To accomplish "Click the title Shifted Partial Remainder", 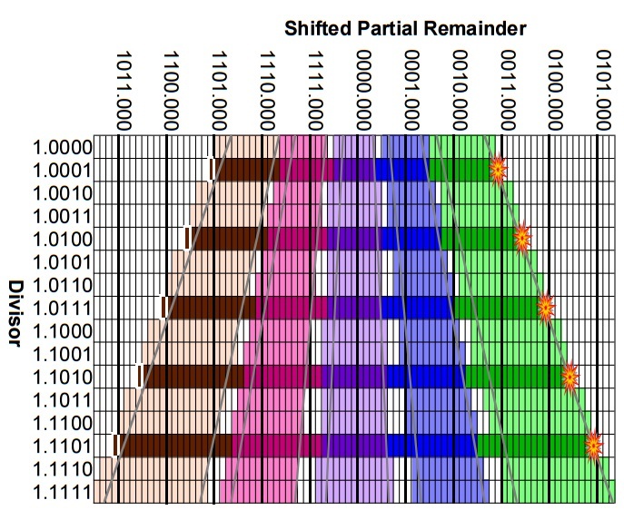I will pyautogui.click(x=405, y=27).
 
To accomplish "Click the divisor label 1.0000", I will pyautogui.click(x=61, y=147).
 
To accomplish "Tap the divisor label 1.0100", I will pyautogui.click(x=61, y=240).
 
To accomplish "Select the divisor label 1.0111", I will pyautogui.click(x=61, y=309).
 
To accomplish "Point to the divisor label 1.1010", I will pyautogui.click(x=61, y=378).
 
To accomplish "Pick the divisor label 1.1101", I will pyautogui.click(x=61, y=446).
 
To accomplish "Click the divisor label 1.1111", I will pyautogui.click(x=61, y=493).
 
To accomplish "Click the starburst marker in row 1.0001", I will pyautogui.click(x=498, y=170).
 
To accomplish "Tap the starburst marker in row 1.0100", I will pyautogui.click(x=521, y=239).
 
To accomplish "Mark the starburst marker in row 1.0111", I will pyautogui.click(x=545, y=308).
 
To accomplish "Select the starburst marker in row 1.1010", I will pyautogui.click(x=570, y=377).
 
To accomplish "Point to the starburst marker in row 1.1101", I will pyautogui.click(x=593, y=446).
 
